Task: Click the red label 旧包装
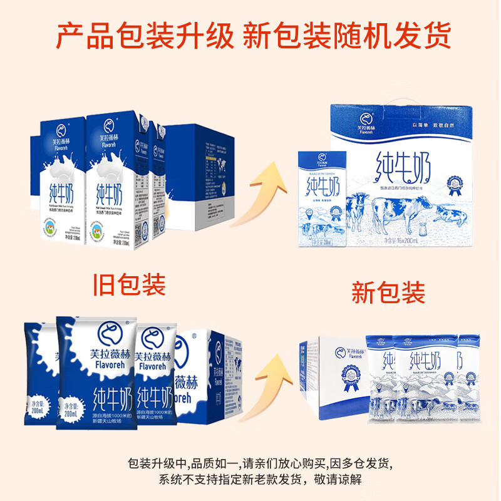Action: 128,286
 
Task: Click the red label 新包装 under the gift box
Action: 388,292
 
